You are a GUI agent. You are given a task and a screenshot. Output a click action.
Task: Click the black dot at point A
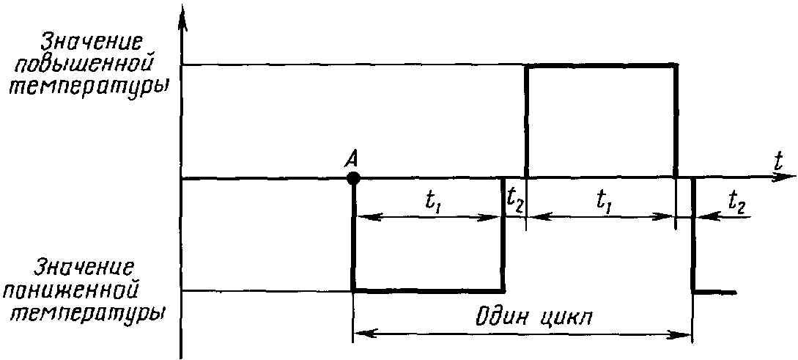tap(354, 177)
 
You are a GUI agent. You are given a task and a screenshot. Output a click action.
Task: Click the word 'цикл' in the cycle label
tap(567, 320)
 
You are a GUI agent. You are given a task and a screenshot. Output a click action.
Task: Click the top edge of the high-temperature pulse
tap(601, 66)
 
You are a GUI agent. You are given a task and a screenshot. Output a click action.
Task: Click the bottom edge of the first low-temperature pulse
tap(429, 290)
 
